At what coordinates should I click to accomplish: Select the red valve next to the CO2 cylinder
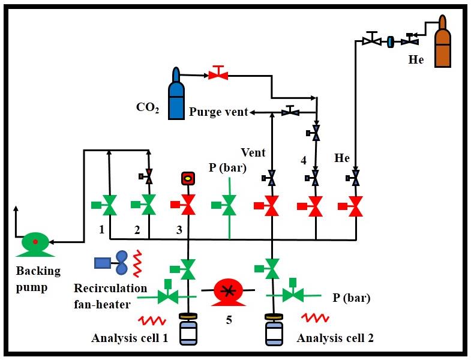pos(217,74)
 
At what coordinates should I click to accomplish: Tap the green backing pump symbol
pos(35,242)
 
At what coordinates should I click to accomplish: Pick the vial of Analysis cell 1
pos(188,330)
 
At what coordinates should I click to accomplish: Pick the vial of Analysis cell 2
pos(274,331)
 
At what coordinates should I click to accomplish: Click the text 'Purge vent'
pos(218,112)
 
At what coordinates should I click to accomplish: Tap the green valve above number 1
pos(109,206)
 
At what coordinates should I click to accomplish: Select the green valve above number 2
pos(149,206)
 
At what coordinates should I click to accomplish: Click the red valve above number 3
pos(188,206)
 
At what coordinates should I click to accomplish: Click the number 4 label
pos(304,160)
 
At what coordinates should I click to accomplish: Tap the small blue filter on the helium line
pos(391,41)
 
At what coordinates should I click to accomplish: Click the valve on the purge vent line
pos(291,112)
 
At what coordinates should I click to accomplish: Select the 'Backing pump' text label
pos(38,278)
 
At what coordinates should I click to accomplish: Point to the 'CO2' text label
pos(147,108)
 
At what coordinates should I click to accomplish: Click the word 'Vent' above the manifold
pos(253,153)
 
